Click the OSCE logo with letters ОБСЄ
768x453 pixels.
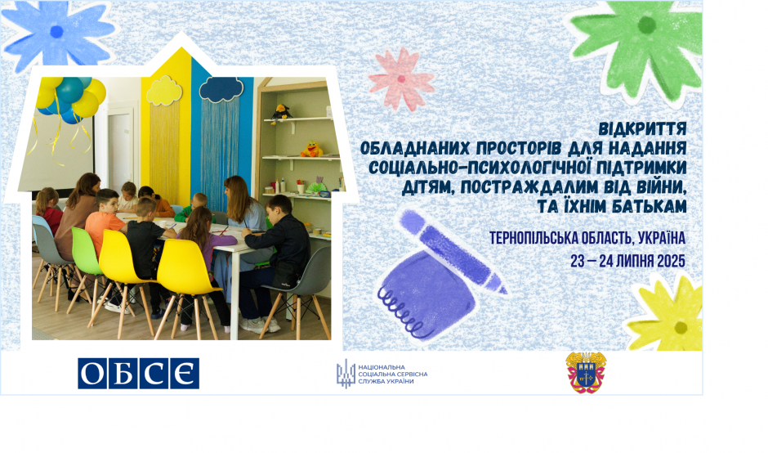pos(139,374)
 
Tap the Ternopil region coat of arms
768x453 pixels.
pos(586,373)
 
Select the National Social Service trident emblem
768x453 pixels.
pos(346,374)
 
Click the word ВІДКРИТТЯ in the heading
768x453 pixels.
pos(642,129)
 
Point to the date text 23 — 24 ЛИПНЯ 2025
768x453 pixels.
pos(627,262)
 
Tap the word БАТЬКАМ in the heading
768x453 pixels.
pos(647,206)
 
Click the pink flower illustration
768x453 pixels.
pos(401,78)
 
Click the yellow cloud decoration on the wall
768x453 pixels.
pos(164,91)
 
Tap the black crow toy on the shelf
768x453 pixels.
pos(281,113)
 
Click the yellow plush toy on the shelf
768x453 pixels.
pos(311,149)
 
